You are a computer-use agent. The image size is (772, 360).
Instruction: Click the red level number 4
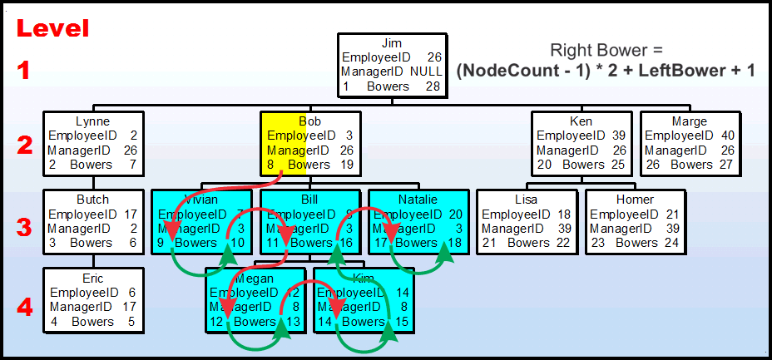(25, 307)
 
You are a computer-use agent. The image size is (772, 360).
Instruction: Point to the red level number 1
(25, 70)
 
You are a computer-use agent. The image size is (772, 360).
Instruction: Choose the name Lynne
(92, 121)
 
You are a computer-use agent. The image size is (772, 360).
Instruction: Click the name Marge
(689, 121)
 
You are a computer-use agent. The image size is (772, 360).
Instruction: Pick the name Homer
(635, 200)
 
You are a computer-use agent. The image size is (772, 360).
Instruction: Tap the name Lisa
(527, 200)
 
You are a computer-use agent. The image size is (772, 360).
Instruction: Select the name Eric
(92, 279)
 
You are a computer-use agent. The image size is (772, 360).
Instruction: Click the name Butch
(92, 200)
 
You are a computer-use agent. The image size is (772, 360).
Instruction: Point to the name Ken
(581, 121)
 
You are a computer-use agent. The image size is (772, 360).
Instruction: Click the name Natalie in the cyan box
(418, 200)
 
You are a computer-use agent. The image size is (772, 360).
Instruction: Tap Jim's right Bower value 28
(433, 86)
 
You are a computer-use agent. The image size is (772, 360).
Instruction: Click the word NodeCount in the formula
(514, 72)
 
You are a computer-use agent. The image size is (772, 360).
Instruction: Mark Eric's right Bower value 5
(130, 322)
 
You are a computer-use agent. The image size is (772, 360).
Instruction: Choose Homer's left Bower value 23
(598, 243)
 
